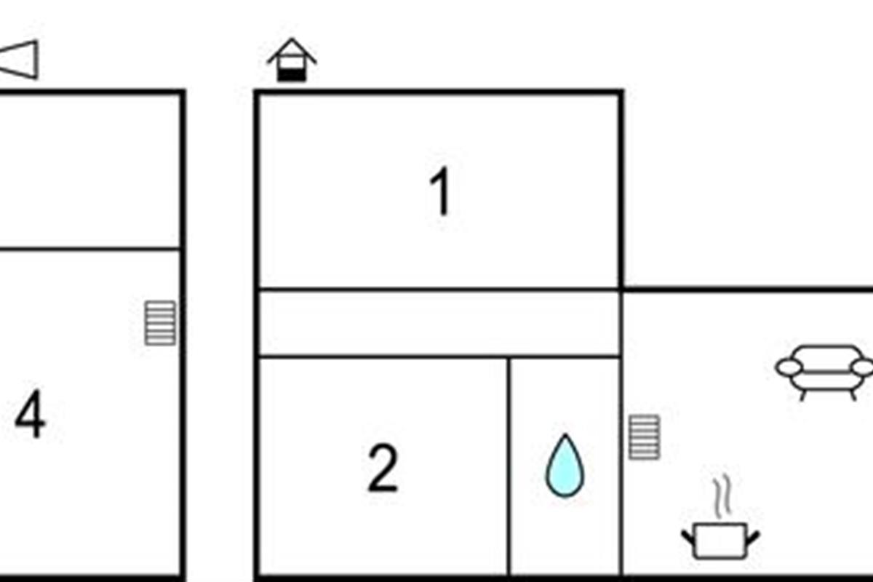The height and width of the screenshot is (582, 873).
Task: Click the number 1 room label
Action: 441,194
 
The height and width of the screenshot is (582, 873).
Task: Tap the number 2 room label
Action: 383,469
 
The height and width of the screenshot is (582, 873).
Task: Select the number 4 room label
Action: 30,415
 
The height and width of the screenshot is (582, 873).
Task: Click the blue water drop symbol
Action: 565,466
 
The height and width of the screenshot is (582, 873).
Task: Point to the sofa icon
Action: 825,370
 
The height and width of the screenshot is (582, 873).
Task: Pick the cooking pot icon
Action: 719,541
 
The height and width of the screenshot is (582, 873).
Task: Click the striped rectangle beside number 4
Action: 160,323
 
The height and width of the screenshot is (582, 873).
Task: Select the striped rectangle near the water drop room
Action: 644,437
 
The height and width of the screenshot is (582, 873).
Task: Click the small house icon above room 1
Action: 291,60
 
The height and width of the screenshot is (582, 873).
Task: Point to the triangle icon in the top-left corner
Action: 20,60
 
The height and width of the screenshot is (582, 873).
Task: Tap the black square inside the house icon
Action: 291,72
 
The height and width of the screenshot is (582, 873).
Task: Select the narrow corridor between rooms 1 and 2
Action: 439,323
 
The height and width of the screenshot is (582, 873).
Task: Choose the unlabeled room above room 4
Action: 87,171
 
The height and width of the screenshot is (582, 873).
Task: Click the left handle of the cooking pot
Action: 687,539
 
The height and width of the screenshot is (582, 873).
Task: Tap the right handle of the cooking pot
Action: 752,539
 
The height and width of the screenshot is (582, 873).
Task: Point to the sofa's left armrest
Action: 787,367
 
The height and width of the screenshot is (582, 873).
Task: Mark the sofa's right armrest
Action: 863,367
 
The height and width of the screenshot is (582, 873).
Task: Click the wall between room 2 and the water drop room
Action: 509,466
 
